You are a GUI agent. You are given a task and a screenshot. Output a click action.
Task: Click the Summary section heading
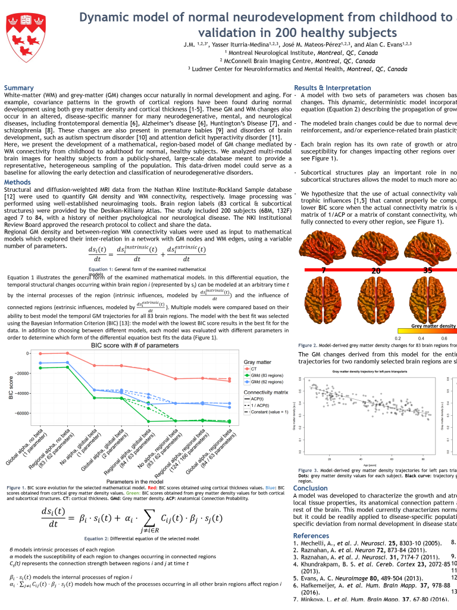coord(19,88)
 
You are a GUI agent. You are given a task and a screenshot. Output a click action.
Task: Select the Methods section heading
coord(18,182)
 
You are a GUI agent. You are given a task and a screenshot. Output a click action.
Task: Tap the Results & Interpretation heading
coord(333,88)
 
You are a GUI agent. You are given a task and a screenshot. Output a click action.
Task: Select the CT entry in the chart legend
coord(254,369)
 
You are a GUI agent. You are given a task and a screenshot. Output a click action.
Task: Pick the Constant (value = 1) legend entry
coord(269,412)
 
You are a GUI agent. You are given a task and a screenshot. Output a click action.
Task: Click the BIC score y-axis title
coord(10,387)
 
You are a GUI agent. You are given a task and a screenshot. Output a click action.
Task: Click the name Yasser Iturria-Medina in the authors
coord(237,45)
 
